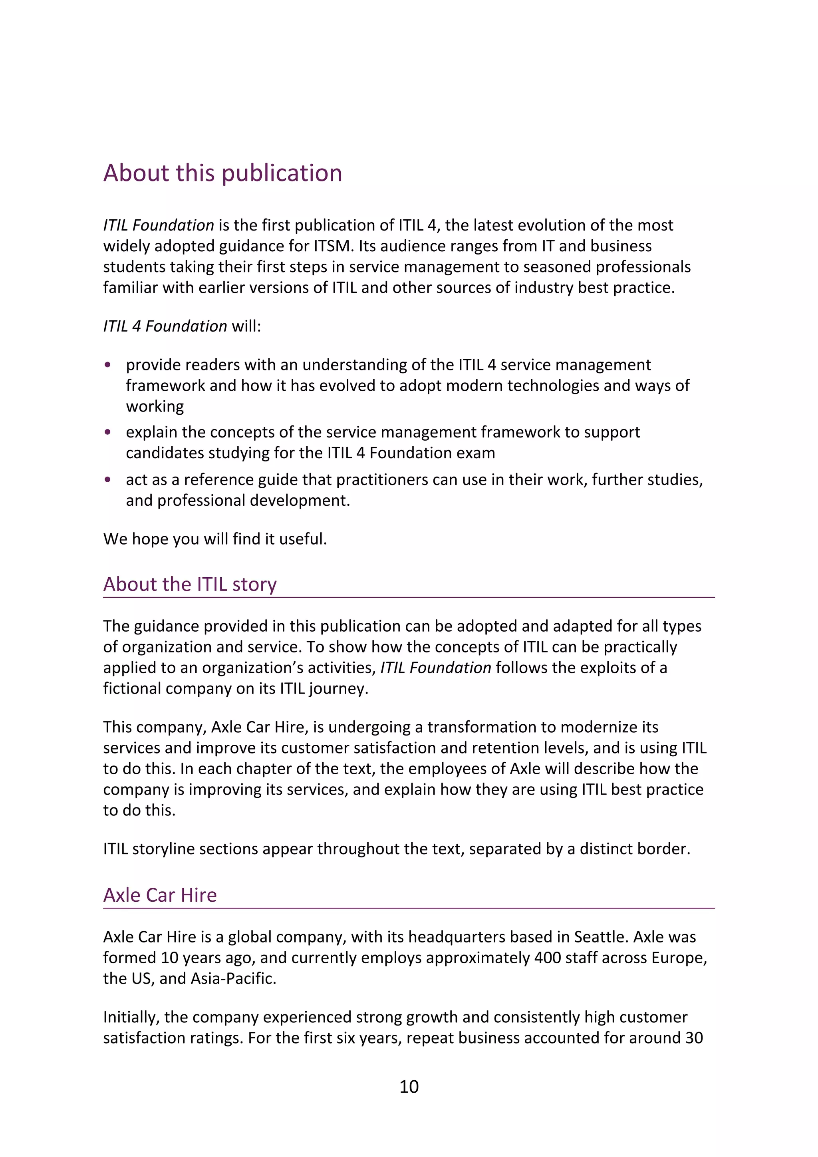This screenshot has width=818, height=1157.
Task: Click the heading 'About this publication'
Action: coord(222,173)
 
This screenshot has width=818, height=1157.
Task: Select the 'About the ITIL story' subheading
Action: coord(190,584)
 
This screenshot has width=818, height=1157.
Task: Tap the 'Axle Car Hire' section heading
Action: coord(160,895)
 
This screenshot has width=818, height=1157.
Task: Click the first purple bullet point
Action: coord(107,364)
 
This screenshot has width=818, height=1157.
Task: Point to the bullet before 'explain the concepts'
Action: coord(107,432)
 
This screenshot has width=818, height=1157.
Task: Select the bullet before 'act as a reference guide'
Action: coord(107,479)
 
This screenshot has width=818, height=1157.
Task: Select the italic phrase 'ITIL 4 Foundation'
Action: coord(165,326)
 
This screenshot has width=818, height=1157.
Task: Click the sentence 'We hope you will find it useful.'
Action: coord(215,539)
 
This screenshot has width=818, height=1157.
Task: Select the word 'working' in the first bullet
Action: coord(155,406)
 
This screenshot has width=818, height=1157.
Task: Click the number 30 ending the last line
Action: coord(694,1038)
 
